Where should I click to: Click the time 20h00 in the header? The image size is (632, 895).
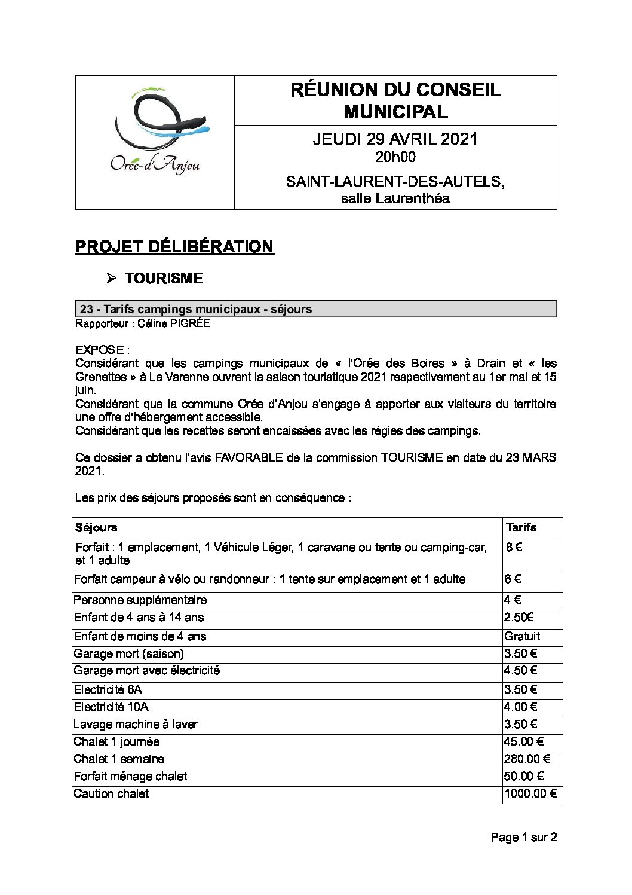tap(395, 157)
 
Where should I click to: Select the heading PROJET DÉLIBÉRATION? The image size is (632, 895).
tap(174, 247)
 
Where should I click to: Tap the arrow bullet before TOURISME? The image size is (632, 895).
tap(111, 278)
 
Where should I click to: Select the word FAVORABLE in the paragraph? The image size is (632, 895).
tap(248, 457)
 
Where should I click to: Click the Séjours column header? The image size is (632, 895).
tap(96, 527)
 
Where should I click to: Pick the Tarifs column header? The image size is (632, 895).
tap(521, 527)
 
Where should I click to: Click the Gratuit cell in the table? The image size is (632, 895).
tap(521, 636)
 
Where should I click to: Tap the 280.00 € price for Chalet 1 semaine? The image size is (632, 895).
tap(526, 759)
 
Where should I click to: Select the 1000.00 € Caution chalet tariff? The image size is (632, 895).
tap(530, 793)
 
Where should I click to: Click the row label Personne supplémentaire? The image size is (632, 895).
tap(140, 600)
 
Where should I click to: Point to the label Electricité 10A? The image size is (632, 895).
tap(111, 707)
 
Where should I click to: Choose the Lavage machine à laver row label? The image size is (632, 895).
tap(135, 724)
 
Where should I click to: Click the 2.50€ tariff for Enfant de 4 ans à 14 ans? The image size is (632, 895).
tap(519, 617)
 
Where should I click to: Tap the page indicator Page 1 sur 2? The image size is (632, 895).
tap(523, 837)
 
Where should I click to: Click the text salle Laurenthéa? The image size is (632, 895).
tap(395, 198)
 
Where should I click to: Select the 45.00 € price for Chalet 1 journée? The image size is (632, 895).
tap(523, 741)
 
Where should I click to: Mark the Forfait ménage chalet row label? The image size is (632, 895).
tap(130, 776)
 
